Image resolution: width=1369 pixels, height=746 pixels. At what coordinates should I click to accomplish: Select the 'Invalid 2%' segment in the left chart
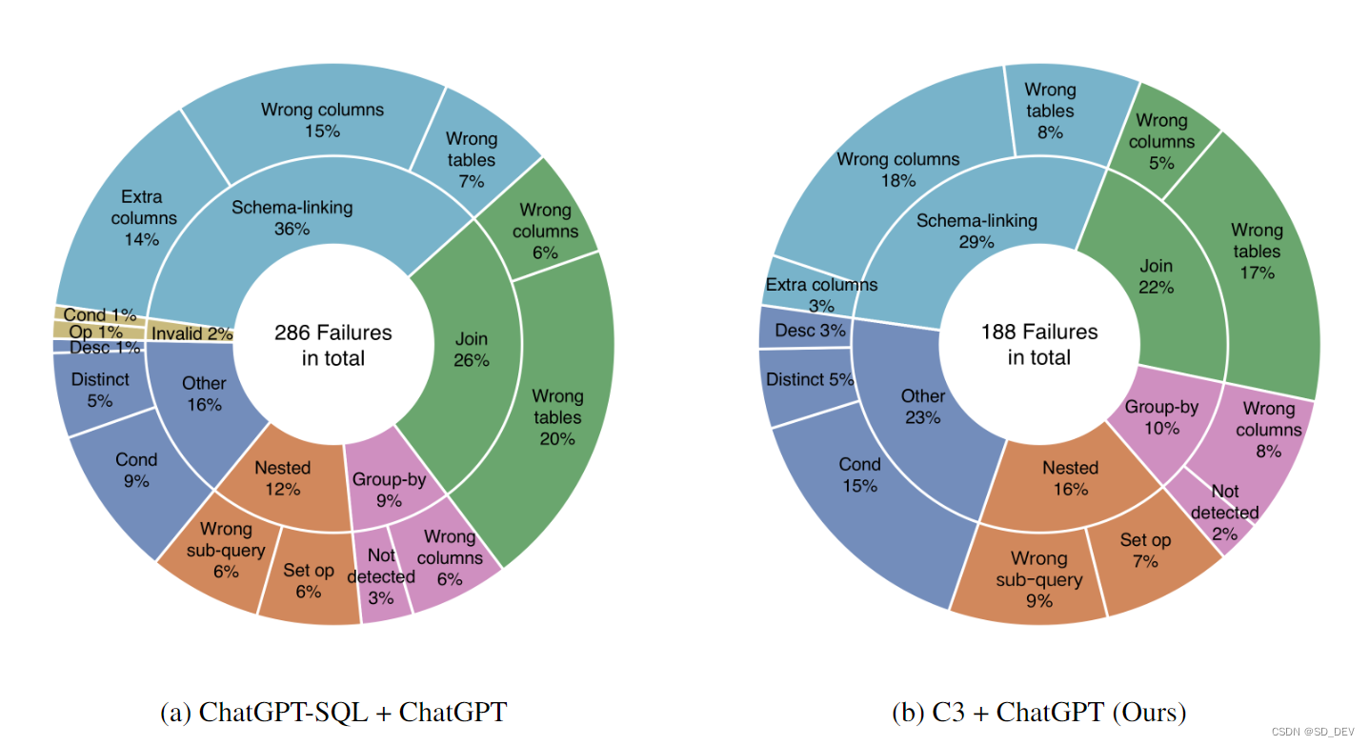click(191, 333)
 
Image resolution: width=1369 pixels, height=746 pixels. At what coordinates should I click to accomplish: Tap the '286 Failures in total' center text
click(332, 345)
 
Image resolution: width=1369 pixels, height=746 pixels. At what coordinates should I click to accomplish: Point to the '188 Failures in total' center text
click(1038, 344)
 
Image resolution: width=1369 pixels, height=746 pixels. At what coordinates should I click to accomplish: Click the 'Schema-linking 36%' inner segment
click(292, 217)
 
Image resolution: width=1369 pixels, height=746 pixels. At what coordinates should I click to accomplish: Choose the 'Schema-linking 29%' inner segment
click(976, 231)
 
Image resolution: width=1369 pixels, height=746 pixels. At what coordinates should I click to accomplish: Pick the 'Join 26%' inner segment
click(472, 349)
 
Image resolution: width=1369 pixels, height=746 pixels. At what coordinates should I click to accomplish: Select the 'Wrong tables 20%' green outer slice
click(556, 416)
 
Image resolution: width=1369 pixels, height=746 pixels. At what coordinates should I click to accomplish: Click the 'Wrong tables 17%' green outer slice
click(1256, 252)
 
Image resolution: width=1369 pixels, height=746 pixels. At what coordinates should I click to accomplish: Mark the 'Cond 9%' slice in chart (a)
click(135, 470)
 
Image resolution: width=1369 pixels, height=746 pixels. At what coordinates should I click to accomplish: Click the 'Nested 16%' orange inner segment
click(1070, 477)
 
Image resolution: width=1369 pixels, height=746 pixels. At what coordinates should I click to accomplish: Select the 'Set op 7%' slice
click(1145, 550)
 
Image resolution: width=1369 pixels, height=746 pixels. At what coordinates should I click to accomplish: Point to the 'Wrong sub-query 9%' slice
click(1038, 578)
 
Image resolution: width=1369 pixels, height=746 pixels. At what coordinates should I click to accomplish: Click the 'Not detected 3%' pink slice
click(381, 577)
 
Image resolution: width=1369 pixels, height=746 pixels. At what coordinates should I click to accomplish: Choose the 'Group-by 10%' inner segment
click(1160, 416)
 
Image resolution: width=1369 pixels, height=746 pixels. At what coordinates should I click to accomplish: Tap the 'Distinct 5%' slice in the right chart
click(808, 380)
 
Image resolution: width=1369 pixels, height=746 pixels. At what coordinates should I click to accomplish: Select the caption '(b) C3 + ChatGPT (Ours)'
click(1038, 712)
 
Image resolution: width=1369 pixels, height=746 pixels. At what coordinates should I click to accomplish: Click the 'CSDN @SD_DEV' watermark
click(1312, 732)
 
